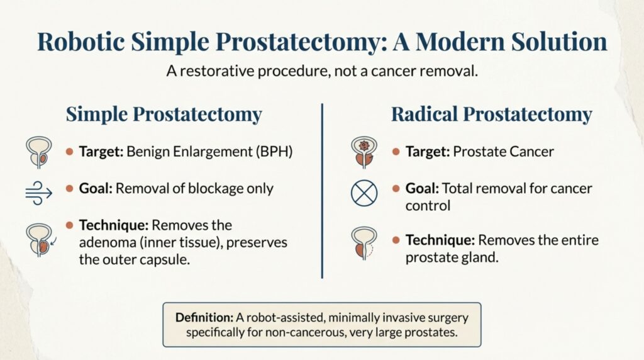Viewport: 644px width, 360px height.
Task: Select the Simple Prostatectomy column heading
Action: [164, 115]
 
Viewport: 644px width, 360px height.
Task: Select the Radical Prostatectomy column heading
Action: [491, 115]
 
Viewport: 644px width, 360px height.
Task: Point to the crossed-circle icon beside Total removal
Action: [363, 193]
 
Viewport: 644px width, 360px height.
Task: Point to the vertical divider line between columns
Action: [322, 189]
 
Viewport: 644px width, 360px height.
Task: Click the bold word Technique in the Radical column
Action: [436, 240]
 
